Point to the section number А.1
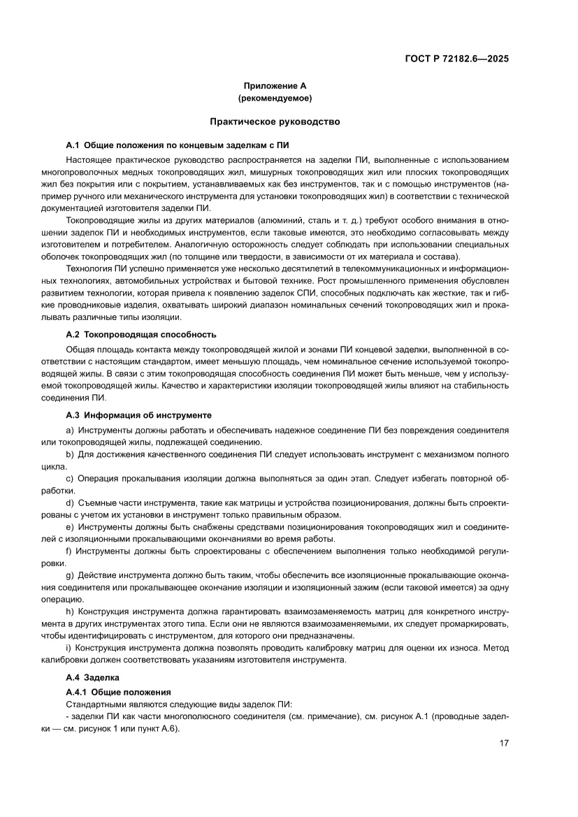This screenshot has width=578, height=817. click(73, 145)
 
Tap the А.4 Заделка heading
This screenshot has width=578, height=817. click(92, 677)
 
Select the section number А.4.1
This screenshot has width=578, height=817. click(77, 691)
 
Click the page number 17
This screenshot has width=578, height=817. click(503, 743)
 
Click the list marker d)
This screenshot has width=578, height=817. click(70, 503)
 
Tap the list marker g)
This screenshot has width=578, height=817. click(70, 576)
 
